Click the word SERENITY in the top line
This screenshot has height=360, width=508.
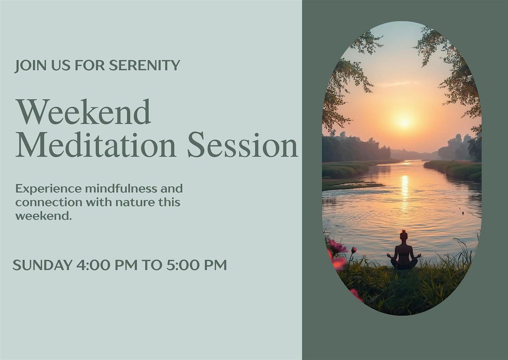coord(144,65)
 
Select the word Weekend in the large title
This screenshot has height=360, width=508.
coord(83,112)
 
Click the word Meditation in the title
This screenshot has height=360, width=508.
coord(96,145)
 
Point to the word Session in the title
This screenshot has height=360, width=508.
coord(243,145)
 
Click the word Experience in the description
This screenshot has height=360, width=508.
coord(49,189)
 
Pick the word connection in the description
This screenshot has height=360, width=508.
coord(49,203)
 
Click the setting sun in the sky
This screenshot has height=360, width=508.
coord(404,122)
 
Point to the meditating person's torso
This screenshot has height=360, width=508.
coord(404,252)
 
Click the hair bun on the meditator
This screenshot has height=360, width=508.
coord(404,232)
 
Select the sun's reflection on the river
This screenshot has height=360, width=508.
coord(405,190)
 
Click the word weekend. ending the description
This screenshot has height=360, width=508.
coord(44,216)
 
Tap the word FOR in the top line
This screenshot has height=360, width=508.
coord(90,65)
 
